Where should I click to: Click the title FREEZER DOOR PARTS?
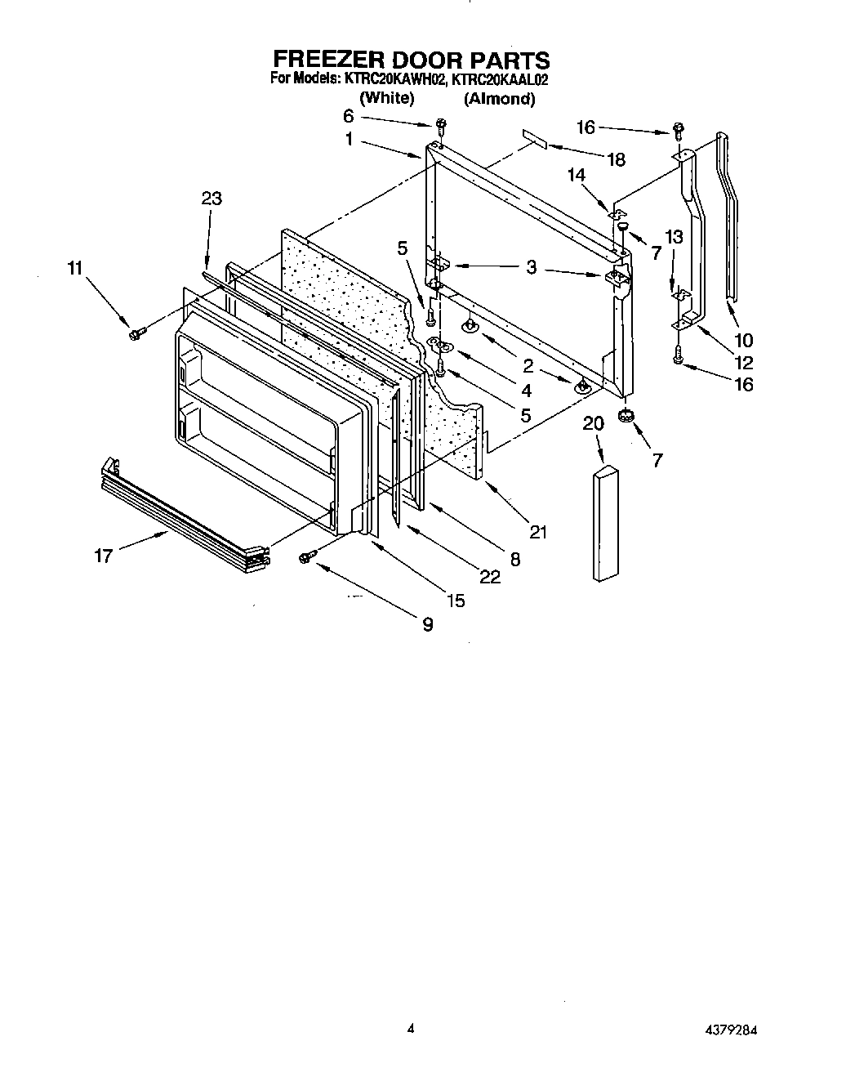(x=411, y=60)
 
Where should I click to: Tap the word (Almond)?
(x=499, y=99)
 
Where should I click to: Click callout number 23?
(x=211, y=199)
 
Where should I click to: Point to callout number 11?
(x=75, y=267)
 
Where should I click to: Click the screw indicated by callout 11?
(x=136, y=333)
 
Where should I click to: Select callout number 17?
(x=104, y=556)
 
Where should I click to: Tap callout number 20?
(x=594, y=423)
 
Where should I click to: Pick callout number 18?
(x=616, y=159)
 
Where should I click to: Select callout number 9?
(x=427, y=624)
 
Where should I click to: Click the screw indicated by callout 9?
(x=308, y=556)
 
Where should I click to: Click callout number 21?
(x=537, y=532)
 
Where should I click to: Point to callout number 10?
(x=743, y=340)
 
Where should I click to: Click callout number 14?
(x=577, y=174)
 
